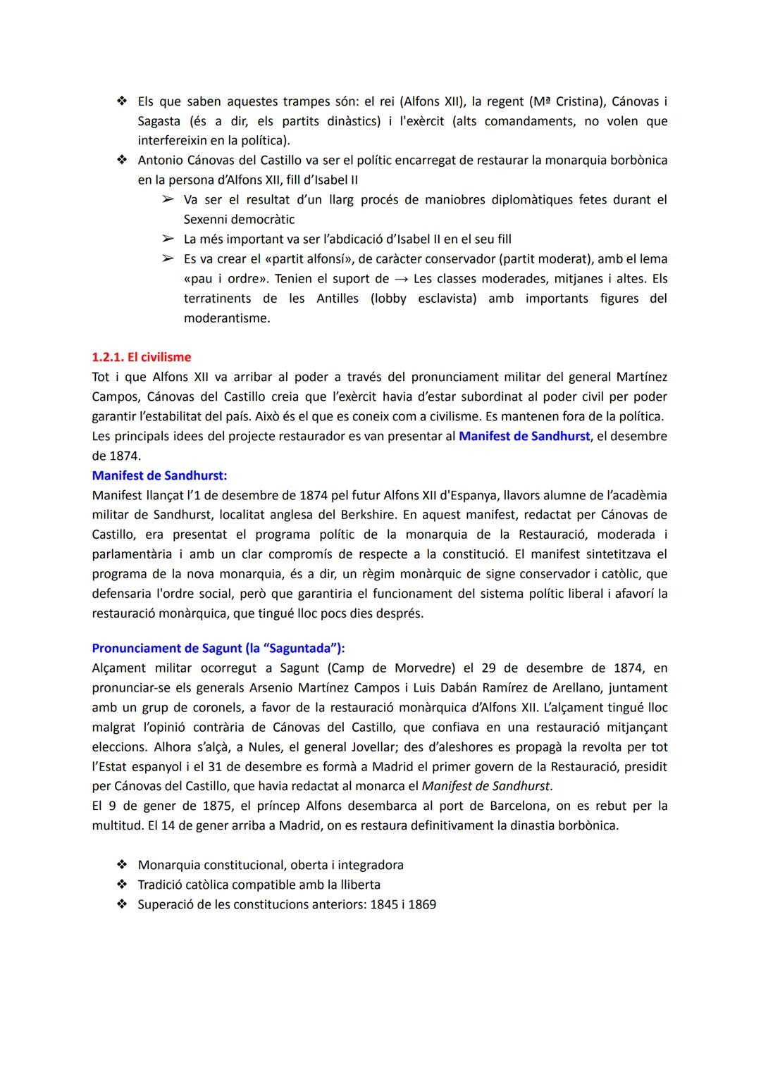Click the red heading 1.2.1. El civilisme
point(141,357)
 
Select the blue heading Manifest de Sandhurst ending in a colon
point(159,475)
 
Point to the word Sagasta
point(159,121)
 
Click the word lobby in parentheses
point(388,299)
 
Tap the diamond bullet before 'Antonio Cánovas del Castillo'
point(122,161)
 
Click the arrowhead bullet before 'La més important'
point(167,239)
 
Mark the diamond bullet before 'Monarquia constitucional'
point(122,865)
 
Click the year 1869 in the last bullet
point(421,904)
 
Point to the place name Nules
point(266,747)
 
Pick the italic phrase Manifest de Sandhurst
point(485,786)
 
